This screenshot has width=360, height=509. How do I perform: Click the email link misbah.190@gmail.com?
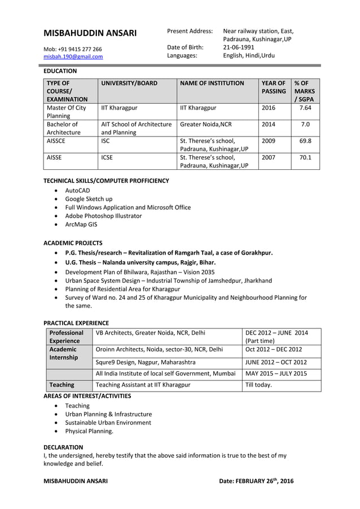coord(73,56)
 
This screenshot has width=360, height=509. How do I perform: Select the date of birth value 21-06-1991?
coord(239,47)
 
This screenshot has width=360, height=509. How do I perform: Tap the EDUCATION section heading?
coord(60,71)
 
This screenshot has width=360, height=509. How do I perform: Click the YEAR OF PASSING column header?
coord(274,87)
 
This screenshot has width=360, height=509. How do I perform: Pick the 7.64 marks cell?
coord(305,107)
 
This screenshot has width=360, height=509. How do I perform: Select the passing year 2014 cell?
coord(269,124)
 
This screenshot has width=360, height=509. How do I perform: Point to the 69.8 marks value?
coord(305,141)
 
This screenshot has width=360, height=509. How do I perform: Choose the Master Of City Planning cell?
coord(67,111)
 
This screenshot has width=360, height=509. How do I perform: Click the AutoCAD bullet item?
coord(78,191)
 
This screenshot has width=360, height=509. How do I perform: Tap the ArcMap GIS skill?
coord(81,224)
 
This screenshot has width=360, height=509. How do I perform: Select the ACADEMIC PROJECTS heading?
coord(73,243)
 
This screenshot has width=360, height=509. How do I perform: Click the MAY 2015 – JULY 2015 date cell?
coord(276,374)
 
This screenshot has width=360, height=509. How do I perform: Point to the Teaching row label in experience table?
coord(62,385)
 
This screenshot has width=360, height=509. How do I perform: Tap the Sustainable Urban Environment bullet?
coord(108,422)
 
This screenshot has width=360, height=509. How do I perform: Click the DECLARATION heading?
coord(63,447)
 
